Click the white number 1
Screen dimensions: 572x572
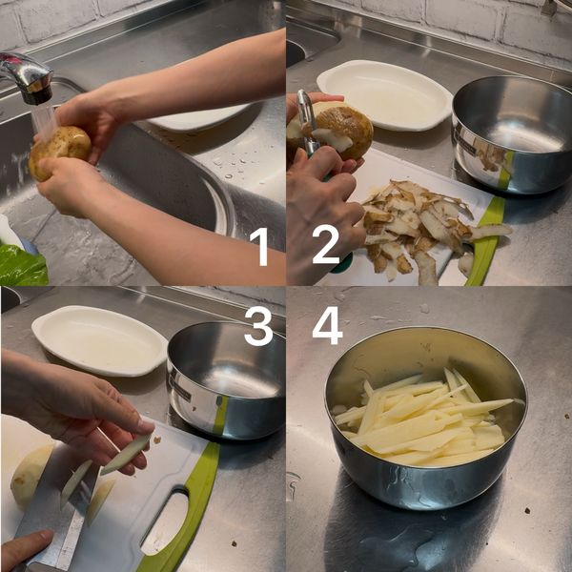point(260,246)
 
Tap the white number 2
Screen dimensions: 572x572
point(326,244)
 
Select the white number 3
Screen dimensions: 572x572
point(258,326)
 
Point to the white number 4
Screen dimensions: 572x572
point(327,326)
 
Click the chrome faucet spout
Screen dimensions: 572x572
point(28,77)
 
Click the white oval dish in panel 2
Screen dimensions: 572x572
point(385,94)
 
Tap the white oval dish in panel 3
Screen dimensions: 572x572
point(99,340)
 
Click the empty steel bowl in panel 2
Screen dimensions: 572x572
point(512,134)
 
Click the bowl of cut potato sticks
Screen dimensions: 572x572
point(426,417)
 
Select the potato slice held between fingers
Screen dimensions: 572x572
point(127,454)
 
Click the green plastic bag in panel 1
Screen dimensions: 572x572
point(22,264)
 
